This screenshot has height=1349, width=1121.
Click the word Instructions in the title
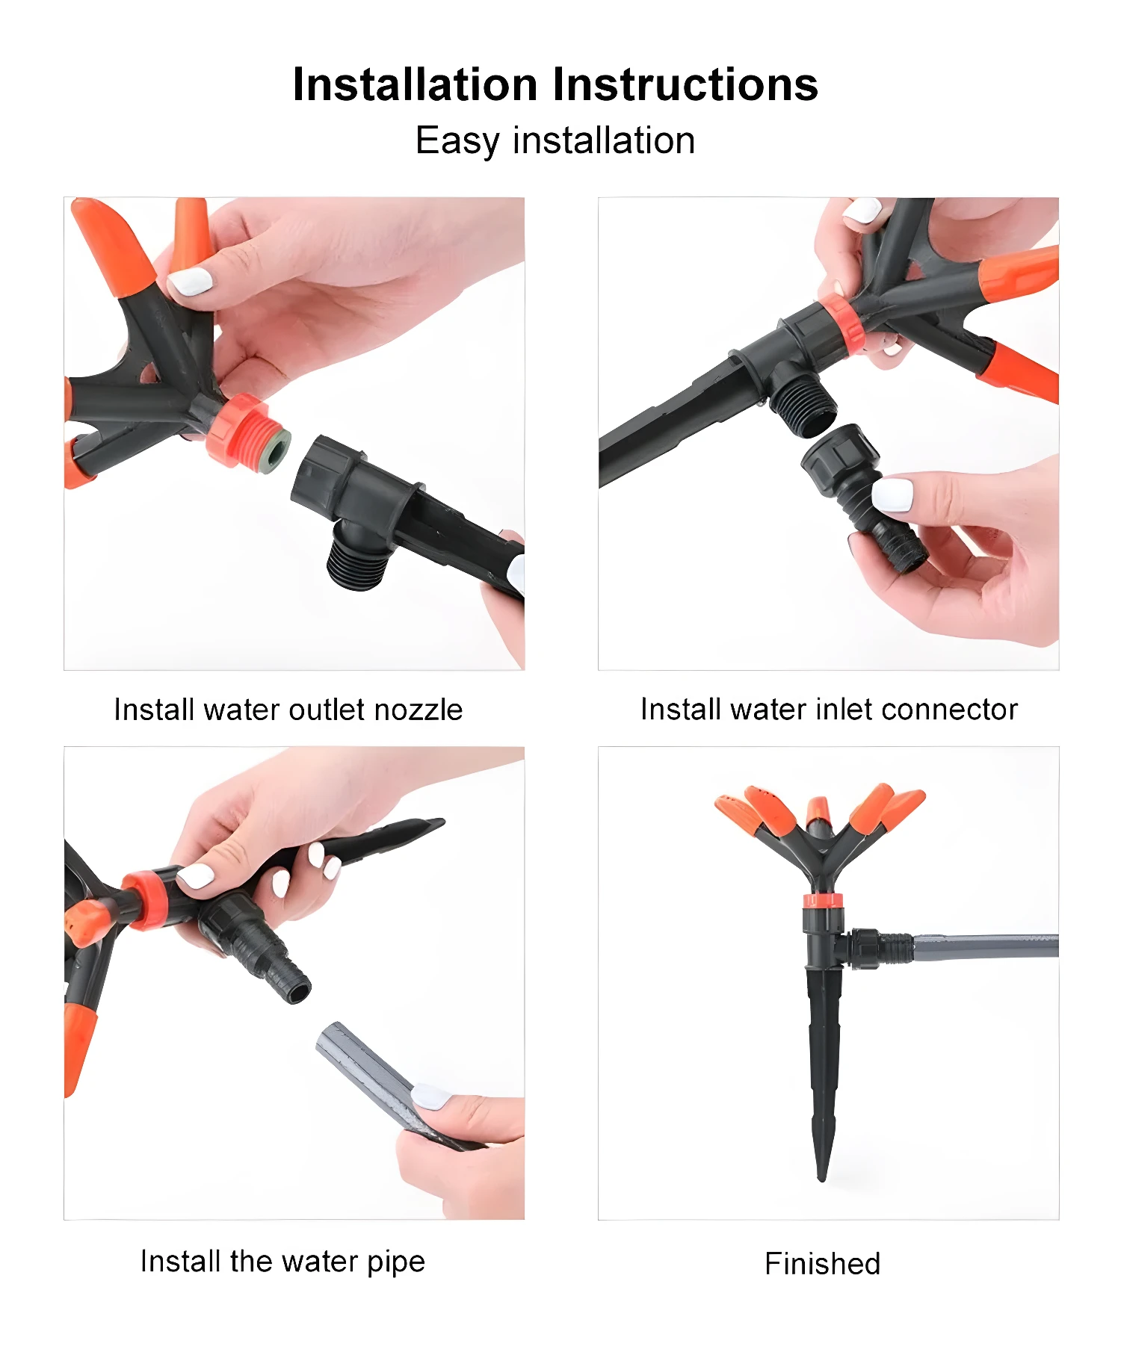click(x=685, y=84)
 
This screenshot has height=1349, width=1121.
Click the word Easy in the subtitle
click(x=457, y=141)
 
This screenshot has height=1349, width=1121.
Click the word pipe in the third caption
click(x=396, y=1262)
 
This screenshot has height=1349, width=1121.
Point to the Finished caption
click(x=822, y=1264)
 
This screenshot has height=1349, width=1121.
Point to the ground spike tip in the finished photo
click(x=821, y=1178)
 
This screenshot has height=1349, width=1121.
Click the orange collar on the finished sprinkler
click(x=823, y=900)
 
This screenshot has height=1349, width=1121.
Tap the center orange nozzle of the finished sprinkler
click(x=819, y=811)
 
